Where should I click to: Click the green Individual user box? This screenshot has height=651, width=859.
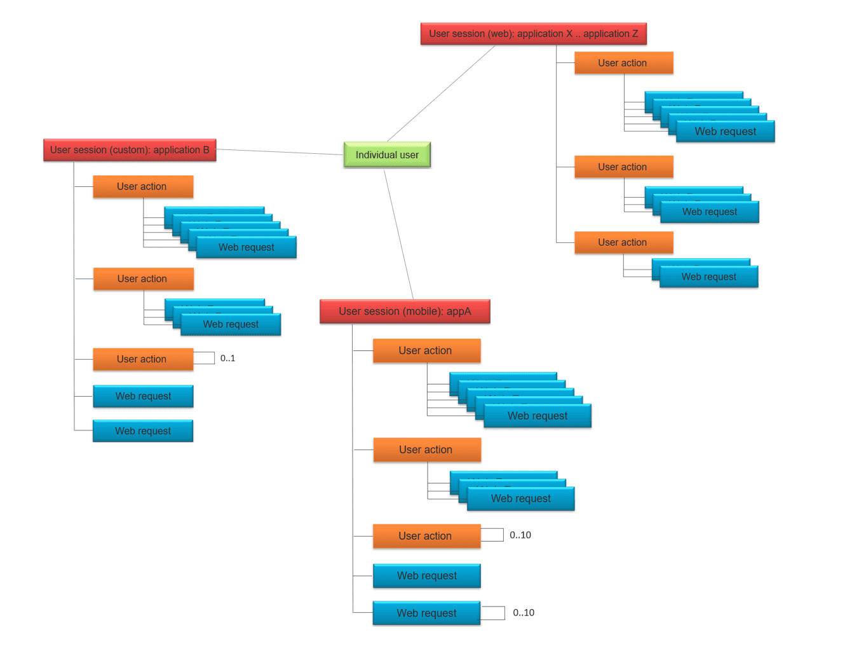click(387, 154)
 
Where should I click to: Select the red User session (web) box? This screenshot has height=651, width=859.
click(533, 34)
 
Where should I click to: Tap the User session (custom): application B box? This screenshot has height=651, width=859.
click(130, 150)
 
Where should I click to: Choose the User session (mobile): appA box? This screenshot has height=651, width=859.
click(405, 312)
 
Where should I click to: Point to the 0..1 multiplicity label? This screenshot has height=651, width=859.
click(227, 359)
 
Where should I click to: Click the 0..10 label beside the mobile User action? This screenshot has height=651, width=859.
click(520, 535)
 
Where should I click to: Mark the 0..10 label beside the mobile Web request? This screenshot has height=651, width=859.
click(524, 613)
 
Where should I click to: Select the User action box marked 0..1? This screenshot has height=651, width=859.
click(142, 359)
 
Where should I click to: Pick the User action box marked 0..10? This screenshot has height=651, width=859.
click(426, 536)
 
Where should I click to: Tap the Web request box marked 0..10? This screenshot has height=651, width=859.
click(426, 613)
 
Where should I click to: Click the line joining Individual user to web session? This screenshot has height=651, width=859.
click(441, 93)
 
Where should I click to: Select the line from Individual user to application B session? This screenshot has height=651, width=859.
click(280, 152)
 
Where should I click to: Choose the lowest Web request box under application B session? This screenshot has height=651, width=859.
click(143, 431)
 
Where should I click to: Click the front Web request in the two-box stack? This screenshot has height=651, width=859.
click(708, 277)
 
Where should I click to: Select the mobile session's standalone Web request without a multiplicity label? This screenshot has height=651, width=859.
click(426, 576)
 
